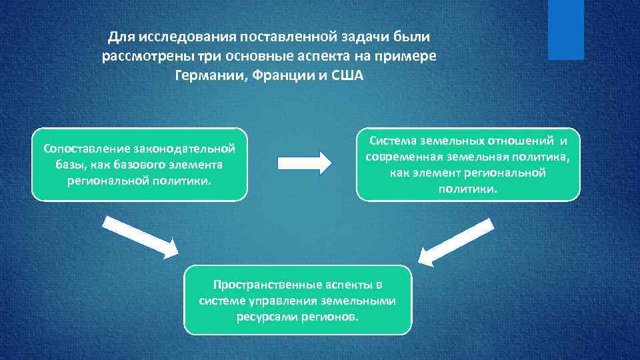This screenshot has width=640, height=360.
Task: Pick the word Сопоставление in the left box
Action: (85, 147)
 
